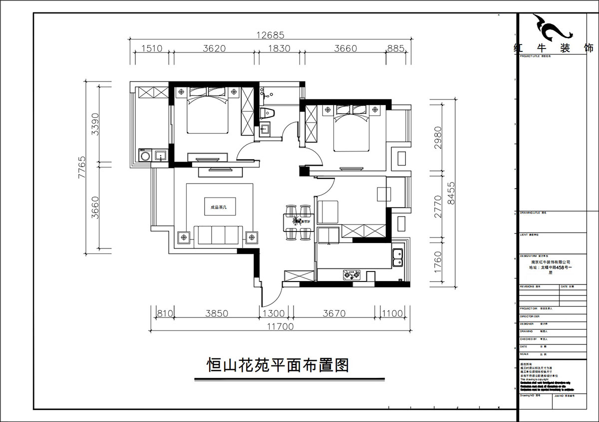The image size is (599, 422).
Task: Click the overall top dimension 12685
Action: tap(270, 35)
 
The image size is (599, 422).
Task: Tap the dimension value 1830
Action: tap(277, 48)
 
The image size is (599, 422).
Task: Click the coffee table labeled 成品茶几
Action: tap(220, 205)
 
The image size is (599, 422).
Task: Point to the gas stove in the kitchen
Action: tap(352, 274)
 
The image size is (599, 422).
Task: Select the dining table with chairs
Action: tap(298, 219)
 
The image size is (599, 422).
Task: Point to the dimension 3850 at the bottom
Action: tap(217, 313)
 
